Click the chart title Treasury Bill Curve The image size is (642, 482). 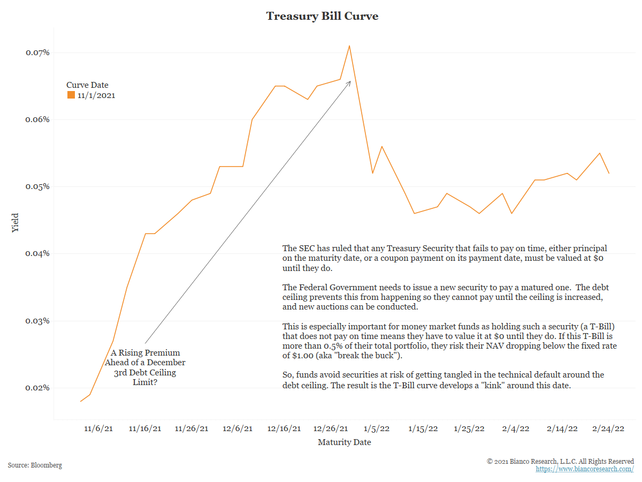(322, 16)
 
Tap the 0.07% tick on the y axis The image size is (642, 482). (37, 52)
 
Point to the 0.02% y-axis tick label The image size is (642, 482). (37, 388)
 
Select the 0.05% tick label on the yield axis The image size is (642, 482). (37, 186)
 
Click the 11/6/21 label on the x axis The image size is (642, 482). (98, 428)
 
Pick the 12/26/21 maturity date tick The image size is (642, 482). (330, 428)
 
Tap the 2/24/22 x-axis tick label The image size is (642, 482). (609, 428)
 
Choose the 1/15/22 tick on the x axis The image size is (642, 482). (423, 428)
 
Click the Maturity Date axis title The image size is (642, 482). (344, 442)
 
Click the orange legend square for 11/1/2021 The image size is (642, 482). (71, 95)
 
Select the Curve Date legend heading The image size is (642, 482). (87, 85)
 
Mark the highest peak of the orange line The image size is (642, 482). (349, 46)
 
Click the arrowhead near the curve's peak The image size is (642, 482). (350, 81)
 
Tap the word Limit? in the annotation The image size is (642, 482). (144, 382)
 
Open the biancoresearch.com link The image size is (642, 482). (585, 469)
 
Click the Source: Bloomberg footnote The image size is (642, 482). (35, 465)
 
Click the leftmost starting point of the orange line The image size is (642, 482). (81, 401)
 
